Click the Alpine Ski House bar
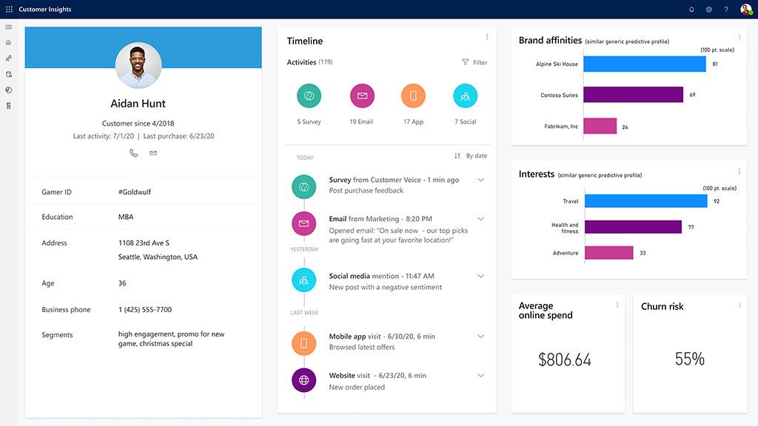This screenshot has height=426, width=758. pos(644,64)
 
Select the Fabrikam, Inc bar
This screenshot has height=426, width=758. pos(600,126)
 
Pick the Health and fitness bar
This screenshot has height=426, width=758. pos(632,227)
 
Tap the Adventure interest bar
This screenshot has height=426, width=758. pos(608,253)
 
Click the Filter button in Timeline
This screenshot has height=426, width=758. pos(474,63)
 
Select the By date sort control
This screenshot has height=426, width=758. pos(471,156)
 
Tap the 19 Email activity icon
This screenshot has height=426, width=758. pos(362,96)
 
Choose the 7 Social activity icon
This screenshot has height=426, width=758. pos(465,96)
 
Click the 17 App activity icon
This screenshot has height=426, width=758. pos(413,96)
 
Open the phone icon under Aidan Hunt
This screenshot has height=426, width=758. pos(134,153)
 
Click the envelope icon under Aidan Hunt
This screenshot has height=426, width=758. pos(153,153)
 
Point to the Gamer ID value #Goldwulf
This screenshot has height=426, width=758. pos(134,192)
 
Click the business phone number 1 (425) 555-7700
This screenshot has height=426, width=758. pos(145,310)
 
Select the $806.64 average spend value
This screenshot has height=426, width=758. pos(565,360)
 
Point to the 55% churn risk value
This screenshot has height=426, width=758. pos(689,359)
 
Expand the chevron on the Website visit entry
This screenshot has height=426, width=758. pos(480,376)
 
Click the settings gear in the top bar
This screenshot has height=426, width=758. pos(708,10)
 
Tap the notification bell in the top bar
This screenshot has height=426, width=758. pos(691,10)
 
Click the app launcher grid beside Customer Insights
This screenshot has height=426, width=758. pos(9,10)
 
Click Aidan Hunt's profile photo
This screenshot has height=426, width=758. pos(138,65)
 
